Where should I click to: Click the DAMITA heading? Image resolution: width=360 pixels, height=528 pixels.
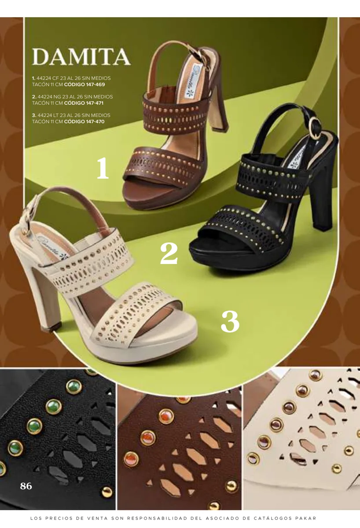81,57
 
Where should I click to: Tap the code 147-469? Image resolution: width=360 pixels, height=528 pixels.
96,84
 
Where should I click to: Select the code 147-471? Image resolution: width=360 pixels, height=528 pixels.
95,103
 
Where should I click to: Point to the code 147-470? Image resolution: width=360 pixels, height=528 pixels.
95,121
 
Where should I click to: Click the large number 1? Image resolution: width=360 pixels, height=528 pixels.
103,168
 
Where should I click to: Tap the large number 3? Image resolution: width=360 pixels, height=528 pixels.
230,321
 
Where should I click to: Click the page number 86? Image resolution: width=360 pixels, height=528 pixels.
26,486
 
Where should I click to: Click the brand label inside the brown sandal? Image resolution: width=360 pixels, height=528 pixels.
191,83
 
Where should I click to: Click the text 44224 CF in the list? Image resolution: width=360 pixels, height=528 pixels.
46,78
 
